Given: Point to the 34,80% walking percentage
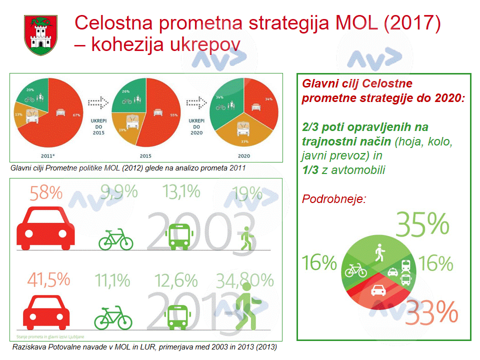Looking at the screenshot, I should coord(245,281).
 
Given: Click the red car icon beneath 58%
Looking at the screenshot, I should coord(45,229).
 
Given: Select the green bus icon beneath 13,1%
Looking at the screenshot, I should coord(178,236).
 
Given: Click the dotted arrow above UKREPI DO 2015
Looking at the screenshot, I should coord(98,102).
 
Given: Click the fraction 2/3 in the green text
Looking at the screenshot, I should coord(310,127).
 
